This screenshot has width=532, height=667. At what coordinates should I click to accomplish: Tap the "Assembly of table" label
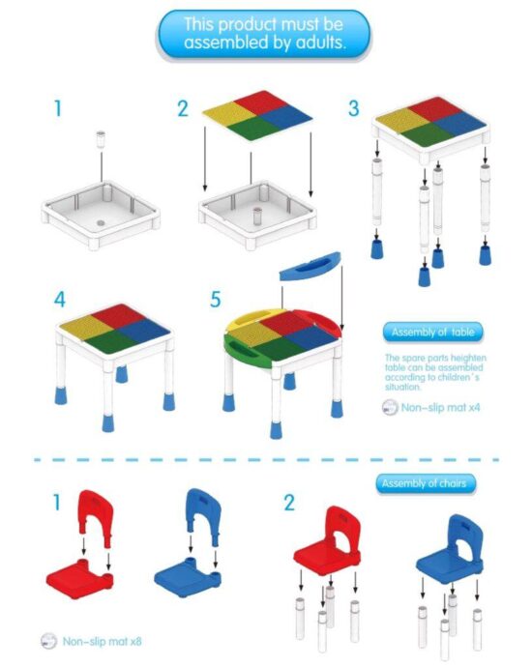point(433,333)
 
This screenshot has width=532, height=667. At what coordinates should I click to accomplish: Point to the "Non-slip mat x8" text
point(103,640)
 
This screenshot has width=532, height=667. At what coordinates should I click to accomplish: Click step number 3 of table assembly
point(353,108)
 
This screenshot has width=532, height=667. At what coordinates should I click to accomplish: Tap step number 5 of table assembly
point(215,300)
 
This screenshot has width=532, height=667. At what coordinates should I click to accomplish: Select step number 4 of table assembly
point(59,300)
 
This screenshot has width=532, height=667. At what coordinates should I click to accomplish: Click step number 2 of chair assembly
point(288,503)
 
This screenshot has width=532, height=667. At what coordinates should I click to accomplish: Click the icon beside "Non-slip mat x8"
point(48,640)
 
